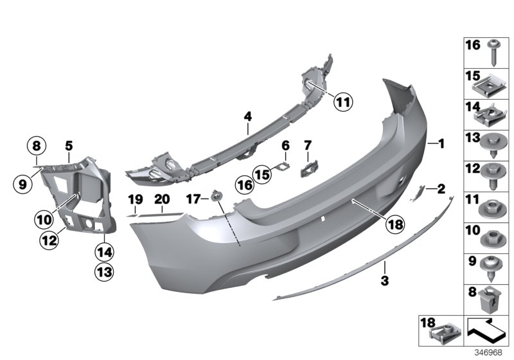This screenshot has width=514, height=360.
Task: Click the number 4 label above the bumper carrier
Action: (247, 116)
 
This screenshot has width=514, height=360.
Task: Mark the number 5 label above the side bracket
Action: (68, 145)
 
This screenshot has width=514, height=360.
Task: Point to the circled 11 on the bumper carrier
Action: (344, 101)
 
